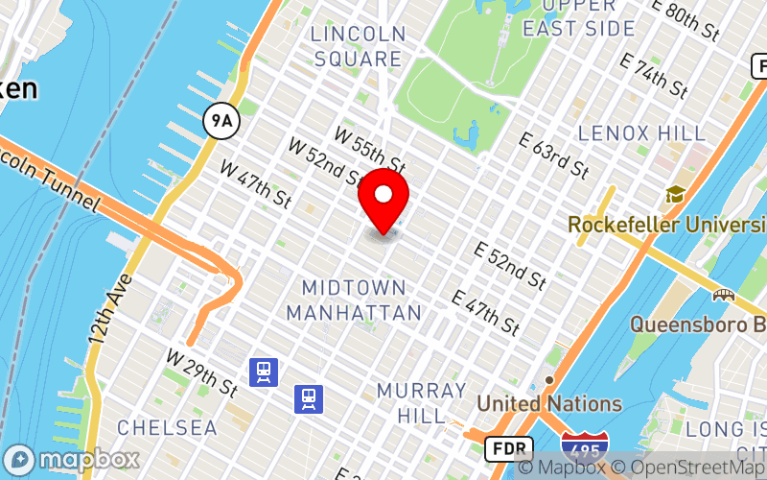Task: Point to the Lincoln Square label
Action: [x=357, y=46]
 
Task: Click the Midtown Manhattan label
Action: [x=354, y=300]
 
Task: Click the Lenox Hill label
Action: [x=642, y=132]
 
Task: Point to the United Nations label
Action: [x=549, y=403]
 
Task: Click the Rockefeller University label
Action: [x=666, y=224]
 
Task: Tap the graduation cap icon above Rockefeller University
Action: [x=676, y=195]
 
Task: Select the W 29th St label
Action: [x=201, y=372]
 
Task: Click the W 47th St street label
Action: [x=255, y=182]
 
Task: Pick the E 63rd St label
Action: [x=553, y=155]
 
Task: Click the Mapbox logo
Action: [x=72, y=460]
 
